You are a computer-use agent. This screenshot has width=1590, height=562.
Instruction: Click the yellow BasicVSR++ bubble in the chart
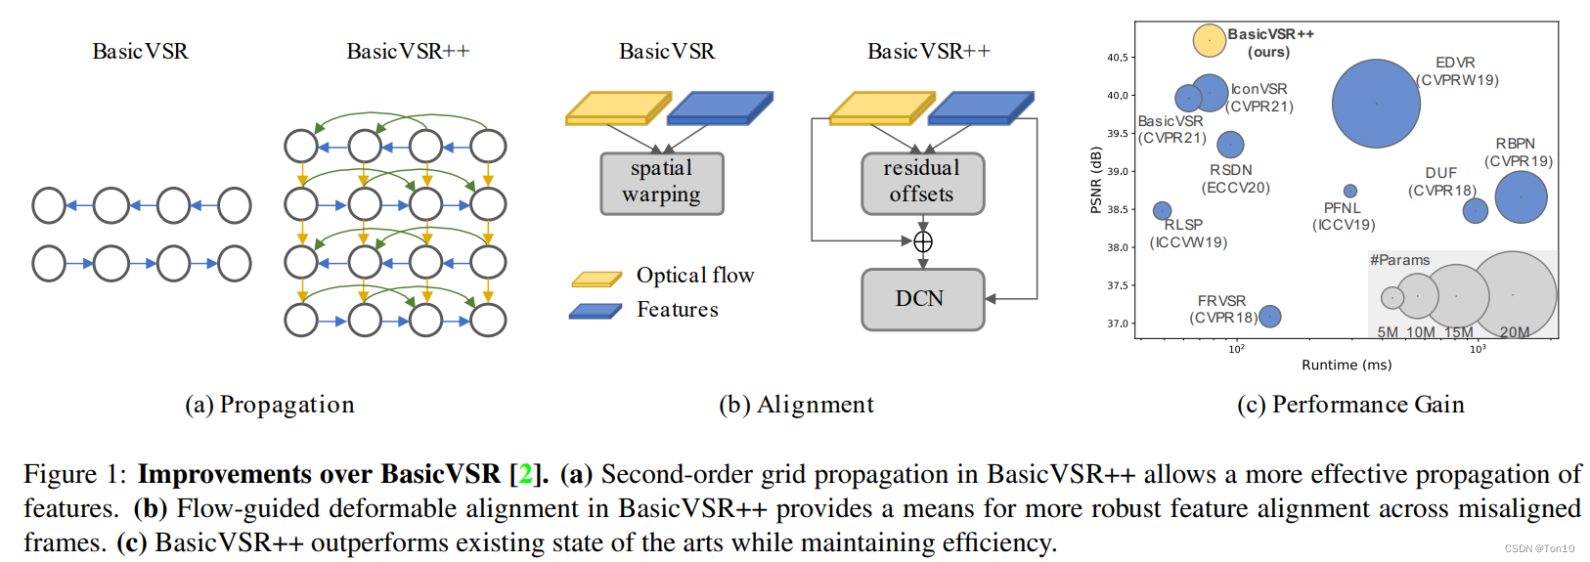(1209, 40)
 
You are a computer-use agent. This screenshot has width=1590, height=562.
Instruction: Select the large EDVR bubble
(1376, 104)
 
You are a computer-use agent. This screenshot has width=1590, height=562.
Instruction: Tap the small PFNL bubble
(1350, 191)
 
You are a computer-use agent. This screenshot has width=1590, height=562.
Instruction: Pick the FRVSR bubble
(1269, 317)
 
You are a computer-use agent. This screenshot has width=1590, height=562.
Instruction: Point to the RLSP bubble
(1162, 210)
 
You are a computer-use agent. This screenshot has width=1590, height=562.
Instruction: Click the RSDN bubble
(1230, 145)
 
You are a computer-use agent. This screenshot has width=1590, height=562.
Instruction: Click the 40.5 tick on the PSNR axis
(1118, 58)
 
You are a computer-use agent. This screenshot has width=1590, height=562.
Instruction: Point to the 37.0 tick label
(1118, 324)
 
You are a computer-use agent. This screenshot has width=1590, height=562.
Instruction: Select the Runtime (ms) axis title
(1347, 365)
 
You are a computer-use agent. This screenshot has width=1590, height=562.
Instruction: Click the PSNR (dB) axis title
(1096, 180)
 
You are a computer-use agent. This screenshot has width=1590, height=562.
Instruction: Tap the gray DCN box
(923, 299)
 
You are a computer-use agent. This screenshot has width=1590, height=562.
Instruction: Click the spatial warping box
(662, 183)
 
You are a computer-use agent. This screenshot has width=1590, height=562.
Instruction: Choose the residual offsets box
(923, 183)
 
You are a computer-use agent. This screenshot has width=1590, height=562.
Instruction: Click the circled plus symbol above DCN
(923, 242)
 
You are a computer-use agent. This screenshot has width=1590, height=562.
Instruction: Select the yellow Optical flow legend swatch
(596, 279)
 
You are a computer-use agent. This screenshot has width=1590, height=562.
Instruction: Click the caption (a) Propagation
(270, 405)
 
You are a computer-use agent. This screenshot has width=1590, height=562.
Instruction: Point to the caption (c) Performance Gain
(1350, 405)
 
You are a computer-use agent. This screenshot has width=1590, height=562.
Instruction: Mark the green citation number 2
(525, 474)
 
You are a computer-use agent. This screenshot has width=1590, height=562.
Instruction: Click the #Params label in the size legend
(1399, 260)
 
